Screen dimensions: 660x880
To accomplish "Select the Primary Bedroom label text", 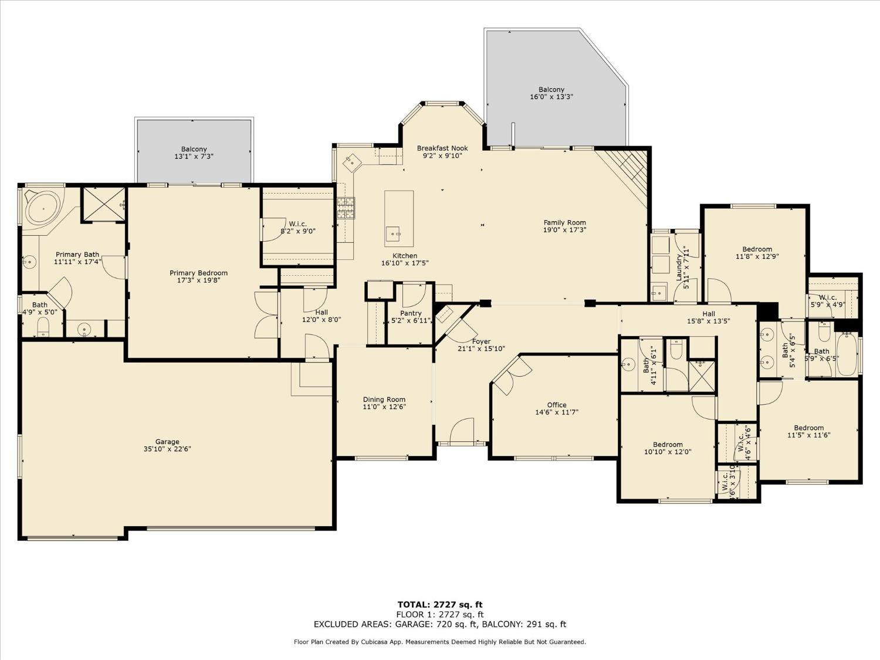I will coord(198,273).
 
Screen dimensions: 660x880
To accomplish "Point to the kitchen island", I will coord(399,218).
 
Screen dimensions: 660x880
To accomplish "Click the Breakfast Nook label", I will coord(442,148).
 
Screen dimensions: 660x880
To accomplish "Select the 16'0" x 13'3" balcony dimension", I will coord(551,97).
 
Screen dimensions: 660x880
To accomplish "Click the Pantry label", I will coord(411,313).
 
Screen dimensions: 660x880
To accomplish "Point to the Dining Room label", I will coord(384,400).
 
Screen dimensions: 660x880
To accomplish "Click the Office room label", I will coord(557,405).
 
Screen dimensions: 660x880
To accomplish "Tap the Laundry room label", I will coord(679,268).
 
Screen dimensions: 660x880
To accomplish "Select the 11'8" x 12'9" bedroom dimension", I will coord(757,256).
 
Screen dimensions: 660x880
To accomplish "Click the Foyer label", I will coord(481,341).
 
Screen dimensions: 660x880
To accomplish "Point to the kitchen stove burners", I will coord(346,208).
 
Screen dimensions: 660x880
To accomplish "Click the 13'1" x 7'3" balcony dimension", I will coord(194,157).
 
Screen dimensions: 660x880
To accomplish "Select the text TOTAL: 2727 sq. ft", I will coord(440,604).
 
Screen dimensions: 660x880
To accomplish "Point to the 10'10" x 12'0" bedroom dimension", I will coord(668,452).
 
